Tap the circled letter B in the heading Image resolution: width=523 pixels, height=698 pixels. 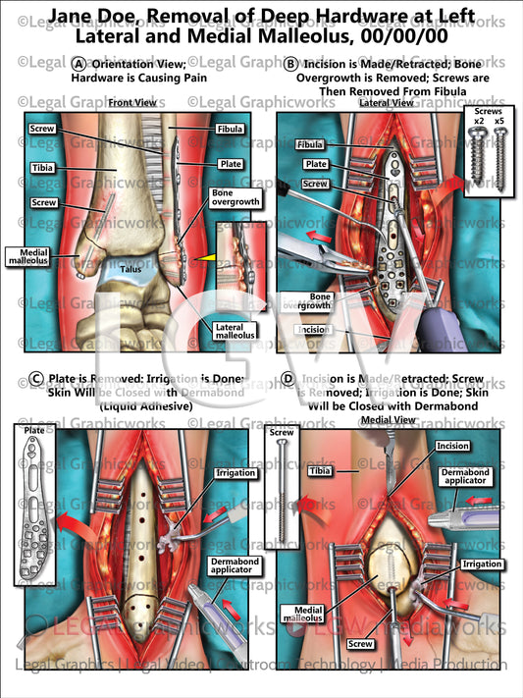290,62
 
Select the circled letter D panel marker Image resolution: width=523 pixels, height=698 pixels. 288,378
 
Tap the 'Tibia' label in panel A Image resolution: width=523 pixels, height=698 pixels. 42,168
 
